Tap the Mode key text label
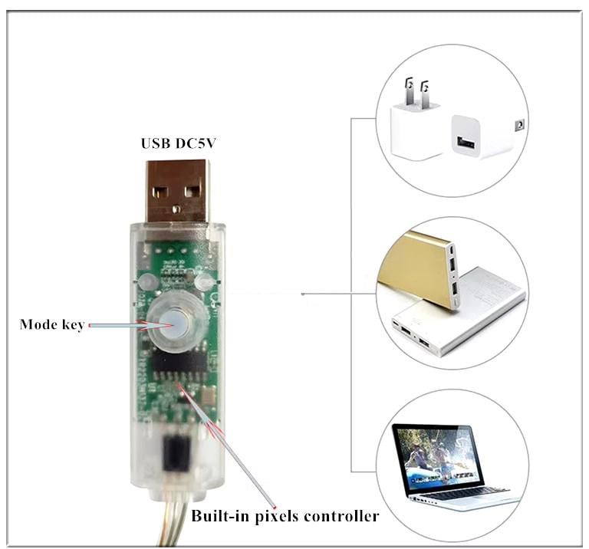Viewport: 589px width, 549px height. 51,324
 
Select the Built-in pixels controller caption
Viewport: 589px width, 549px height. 285,516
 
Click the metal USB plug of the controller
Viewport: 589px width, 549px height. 177,191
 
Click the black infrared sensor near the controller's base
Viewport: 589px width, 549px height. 176,452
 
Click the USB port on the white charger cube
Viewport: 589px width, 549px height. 466,142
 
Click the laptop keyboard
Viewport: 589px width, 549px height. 460,492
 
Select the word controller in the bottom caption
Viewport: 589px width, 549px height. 341,516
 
